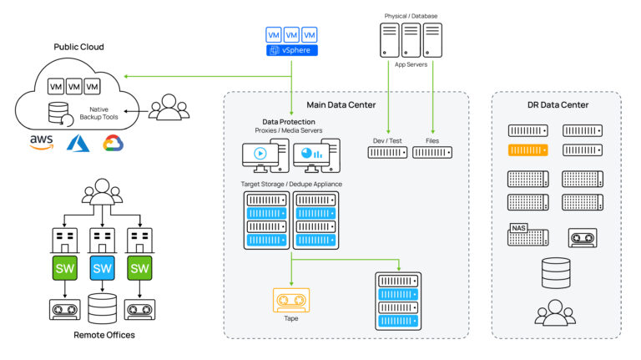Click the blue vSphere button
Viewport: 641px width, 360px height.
[292, 51]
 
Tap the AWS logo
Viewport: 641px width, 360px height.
[42, 141]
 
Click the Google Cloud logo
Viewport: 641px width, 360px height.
[113, 143]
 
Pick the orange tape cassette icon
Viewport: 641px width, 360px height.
[290, 300]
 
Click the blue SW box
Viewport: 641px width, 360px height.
[102, 268]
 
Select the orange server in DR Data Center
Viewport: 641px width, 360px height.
[527, 150]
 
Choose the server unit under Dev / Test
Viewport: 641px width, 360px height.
[388, 153]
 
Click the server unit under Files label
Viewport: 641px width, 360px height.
[432, 153]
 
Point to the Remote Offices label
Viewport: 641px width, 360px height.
[102, 335]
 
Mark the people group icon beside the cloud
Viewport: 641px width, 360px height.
[169, 106]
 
